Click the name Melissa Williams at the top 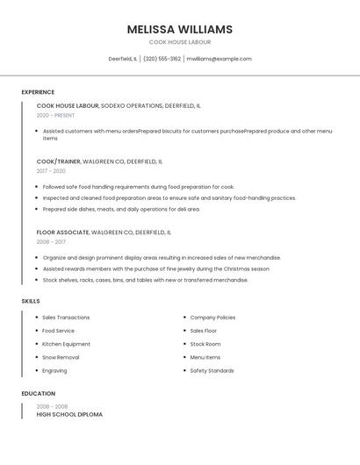point(179,29)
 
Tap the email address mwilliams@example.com point(219,59)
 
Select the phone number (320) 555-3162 point(162,59)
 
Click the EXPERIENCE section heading point(38,92)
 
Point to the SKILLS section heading point(31,301)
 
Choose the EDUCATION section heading point(38,394)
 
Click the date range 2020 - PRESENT point(55,115)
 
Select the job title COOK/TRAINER point(58,161)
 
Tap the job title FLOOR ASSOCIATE point(62,232)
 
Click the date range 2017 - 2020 point(51,171)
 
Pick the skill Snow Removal point(61,357)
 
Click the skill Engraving point(54,370)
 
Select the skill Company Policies point(212,318)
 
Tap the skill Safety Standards point(212,370)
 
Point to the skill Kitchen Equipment point(66,344)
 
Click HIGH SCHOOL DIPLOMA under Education point(69,414)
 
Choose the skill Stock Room point(205,344)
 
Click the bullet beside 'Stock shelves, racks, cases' point(37,280)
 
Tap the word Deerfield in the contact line point(120,59)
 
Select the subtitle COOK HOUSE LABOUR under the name point(179,42)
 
